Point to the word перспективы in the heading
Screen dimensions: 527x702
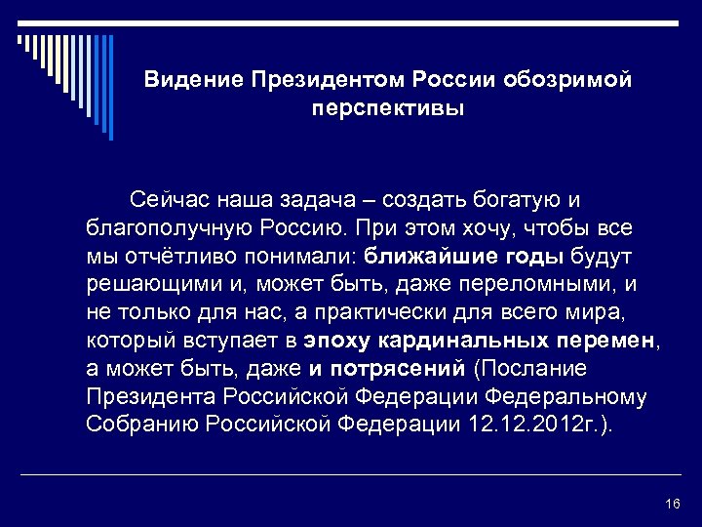pyautogui.click(x=389, y=106)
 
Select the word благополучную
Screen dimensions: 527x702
pyautogui.click(x=170, y=229)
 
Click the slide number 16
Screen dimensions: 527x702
pyautogui.click(x=671, y=504)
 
